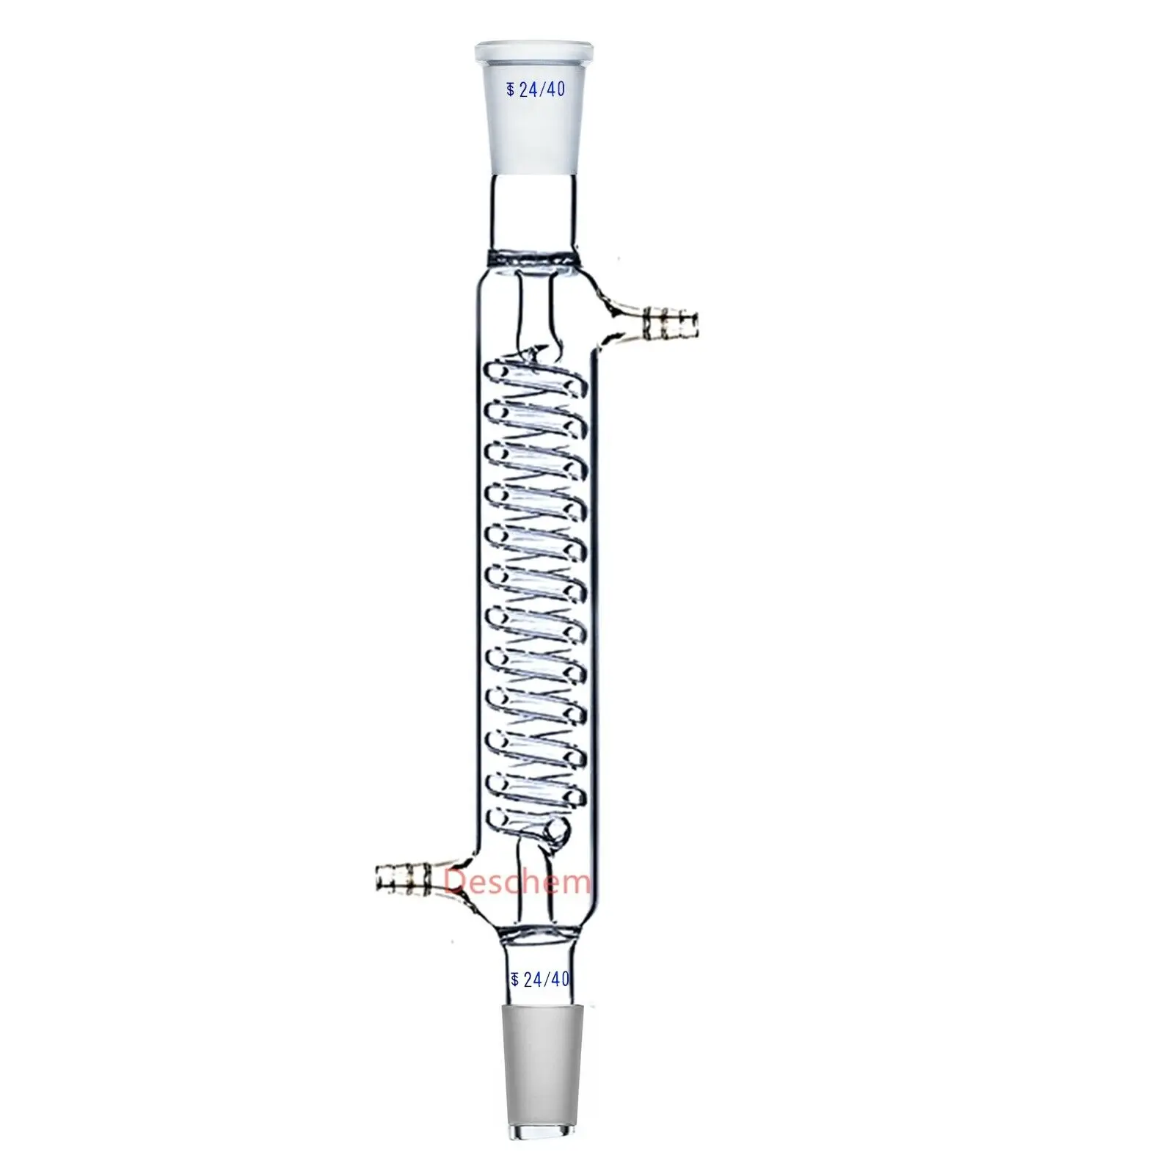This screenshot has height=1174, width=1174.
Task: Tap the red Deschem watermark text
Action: pos(517,880)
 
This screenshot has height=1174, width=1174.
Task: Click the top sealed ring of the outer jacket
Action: pos(531,258)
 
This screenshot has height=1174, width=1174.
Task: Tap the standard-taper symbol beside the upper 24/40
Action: pos(511,91)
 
